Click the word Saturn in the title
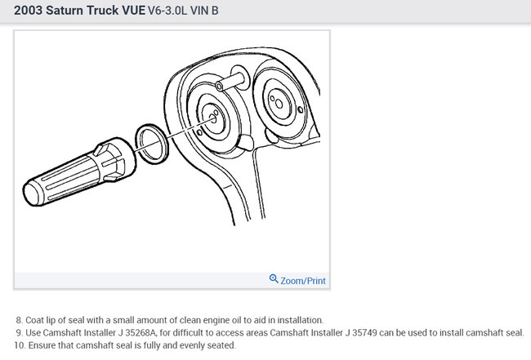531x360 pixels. (65, 11)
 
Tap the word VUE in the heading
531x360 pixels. (133, 11)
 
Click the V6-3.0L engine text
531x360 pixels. (167, 11)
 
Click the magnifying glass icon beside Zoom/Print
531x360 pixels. (274, 279)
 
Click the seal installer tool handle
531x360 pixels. (65, 180)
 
